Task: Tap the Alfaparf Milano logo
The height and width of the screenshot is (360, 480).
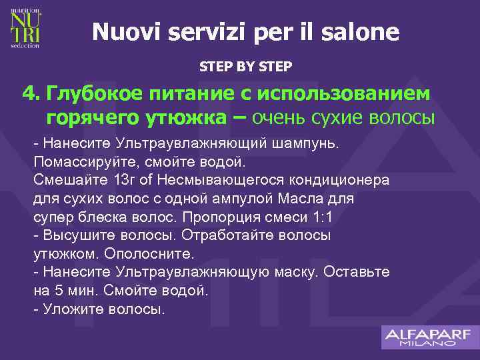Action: pyautogui.click(x=427, y=337)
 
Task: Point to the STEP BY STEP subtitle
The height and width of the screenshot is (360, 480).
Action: pyautogui.click(x=245, y=67)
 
